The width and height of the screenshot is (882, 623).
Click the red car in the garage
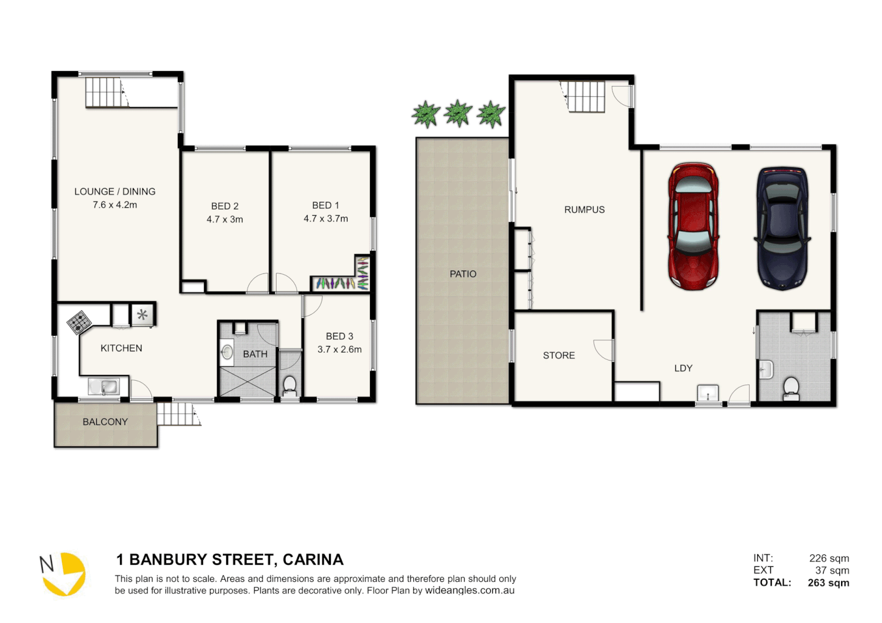click(x=693, y=226)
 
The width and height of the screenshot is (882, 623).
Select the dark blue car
click(x=782, y=228)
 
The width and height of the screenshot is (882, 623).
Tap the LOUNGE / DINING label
click(x=115, y=192)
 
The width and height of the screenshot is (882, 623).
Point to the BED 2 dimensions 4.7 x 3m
click(x=225, y=219)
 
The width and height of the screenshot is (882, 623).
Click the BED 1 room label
click(x=326, y=205)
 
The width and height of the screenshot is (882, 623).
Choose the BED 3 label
click(x=339, y=336)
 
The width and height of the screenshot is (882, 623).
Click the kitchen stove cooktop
click(x=79, y=322)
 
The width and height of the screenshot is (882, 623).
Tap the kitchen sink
click(x=104, y=386)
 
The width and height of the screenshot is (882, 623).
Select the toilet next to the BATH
click(x=290, y=385)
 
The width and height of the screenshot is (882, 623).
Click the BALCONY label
click(x=105, y=422)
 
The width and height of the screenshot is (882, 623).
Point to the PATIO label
click(x=463, y=274)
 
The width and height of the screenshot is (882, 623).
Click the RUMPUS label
click(x=584, y=210)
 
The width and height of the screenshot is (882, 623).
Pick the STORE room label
click(x=559, y=355)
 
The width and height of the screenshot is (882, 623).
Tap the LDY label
click(x=683, y=368)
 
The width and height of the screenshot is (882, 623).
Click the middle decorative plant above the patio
click(x=458, y=113)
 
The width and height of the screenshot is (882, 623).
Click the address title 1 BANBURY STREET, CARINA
click(x=230, y=560)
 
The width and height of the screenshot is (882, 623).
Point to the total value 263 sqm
click(x=828, y=583)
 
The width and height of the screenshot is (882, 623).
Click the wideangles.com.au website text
click(x=469, y=591)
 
